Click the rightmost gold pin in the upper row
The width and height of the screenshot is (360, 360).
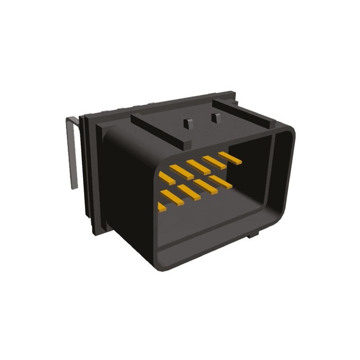230,157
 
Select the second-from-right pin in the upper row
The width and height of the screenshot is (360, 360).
215,162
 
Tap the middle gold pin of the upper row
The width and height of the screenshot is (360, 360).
198,166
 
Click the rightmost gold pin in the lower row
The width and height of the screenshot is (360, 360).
220,182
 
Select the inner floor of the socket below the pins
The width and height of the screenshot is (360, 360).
211,225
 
